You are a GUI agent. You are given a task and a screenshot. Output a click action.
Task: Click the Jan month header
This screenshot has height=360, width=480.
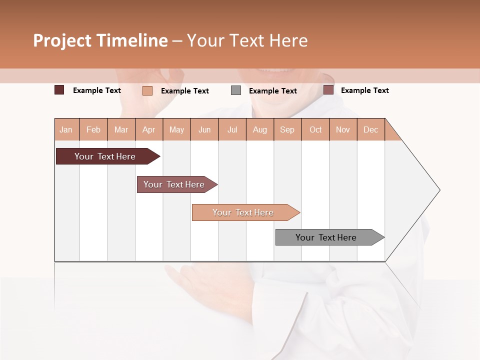pyautogui.click(x=66, y=129)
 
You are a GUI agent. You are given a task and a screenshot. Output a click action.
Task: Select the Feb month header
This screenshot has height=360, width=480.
pyautogui.click(x=93, y=129)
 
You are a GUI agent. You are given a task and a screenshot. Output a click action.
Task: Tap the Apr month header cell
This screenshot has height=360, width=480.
pyautogui.click(x=149, y=129)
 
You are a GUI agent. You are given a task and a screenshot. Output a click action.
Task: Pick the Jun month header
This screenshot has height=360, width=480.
pyautogui.click(x=204, y=129)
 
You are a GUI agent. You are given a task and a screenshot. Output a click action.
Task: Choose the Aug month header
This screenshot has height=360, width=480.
pyautogui.click(x=260, y=129)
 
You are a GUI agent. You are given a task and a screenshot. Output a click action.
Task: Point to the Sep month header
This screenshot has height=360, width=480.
pyautogui.click(x=287, y=129)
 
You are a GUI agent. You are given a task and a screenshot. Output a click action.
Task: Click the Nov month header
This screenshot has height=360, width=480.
pyautogui.click(x=343, y=129)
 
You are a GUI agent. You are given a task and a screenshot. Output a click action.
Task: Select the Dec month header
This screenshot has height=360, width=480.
pyautogui.click(x=370, y=129)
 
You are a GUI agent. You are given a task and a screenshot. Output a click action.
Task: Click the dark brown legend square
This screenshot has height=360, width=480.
pyautogui.click(x=59, y=90)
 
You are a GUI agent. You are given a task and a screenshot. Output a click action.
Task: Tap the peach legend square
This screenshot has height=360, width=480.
pyautogui.click(x=147, y=90)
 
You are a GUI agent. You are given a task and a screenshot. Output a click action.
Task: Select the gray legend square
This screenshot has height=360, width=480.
pyautogui.click(x=236, y=90)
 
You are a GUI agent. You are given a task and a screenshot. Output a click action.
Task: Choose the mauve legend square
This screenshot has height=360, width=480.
pyautogui.click(x=328, y=90)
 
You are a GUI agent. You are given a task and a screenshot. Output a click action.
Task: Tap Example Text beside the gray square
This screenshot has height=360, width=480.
pyautogui.click(x=273, y=91)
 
